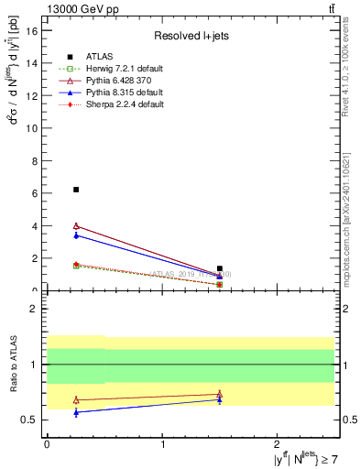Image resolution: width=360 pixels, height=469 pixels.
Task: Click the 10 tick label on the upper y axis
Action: tap(32, 128)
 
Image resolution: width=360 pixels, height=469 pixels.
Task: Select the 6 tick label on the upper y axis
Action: tap(35, 193)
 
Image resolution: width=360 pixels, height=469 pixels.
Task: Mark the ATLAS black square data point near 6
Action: tap(76, 190)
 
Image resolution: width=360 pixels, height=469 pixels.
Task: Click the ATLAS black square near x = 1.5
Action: tap(220, 268)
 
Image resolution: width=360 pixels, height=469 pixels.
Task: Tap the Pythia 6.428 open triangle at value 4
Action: tap(76, 225)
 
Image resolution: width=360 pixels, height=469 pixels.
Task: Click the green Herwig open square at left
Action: tap(76, 266)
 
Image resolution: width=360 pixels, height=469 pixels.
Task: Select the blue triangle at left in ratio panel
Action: tap(76, 412)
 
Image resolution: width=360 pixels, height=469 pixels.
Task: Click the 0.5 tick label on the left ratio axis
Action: tap(30, 420)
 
